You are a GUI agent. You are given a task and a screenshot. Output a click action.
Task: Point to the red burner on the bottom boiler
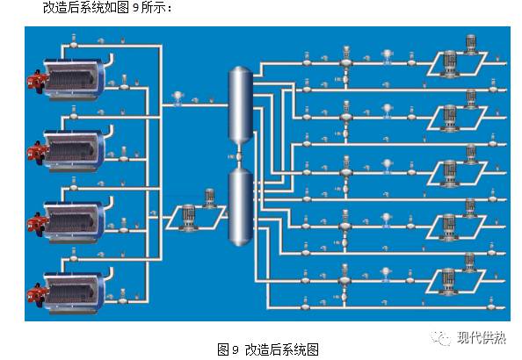[x=39, y=292]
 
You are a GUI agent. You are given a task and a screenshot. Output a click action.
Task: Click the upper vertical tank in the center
[x=238, y=106]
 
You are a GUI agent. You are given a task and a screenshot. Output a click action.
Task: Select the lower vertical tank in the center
[x=238, y=206]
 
